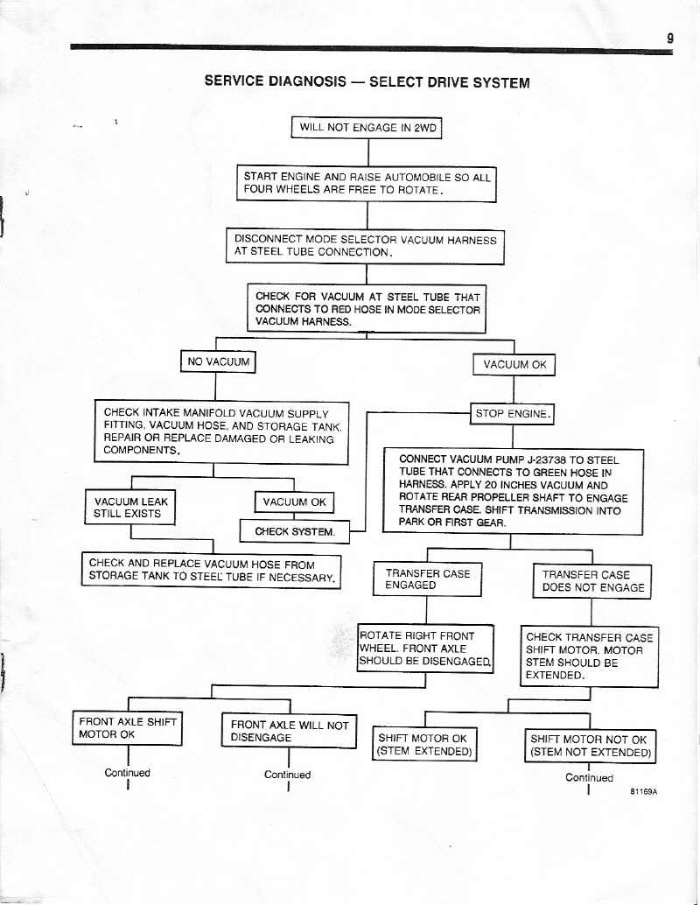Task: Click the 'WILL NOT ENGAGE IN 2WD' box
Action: [x=367, y=128]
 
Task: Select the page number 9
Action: [x=668, y=38]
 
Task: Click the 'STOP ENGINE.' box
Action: [x=513, y=413]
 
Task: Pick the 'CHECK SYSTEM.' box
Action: [x=295, y=531]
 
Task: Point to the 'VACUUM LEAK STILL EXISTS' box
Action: [x=129, y=508]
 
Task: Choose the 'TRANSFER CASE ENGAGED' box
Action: [x=428, y=579]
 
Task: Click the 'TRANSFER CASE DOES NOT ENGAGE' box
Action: [x=592, y=581]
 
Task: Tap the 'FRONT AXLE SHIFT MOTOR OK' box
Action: [x=128, y=727]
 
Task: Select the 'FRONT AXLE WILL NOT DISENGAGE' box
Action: [x=289, y=731]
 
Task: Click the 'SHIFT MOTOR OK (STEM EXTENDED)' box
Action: [x=424, y=745]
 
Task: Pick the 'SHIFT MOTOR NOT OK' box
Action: [x=590, y=746]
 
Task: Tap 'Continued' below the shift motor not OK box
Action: [x=589, y=777]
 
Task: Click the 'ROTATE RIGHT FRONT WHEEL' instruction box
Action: [x=426, y=649]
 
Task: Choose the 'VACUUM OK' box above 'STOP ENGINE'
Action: [x=514, y=365]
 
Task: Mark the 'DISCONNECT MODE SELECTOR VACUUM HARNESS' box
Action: [x=365, y=246]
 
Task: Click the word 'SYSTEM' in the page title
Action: [x=494, y=83]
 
